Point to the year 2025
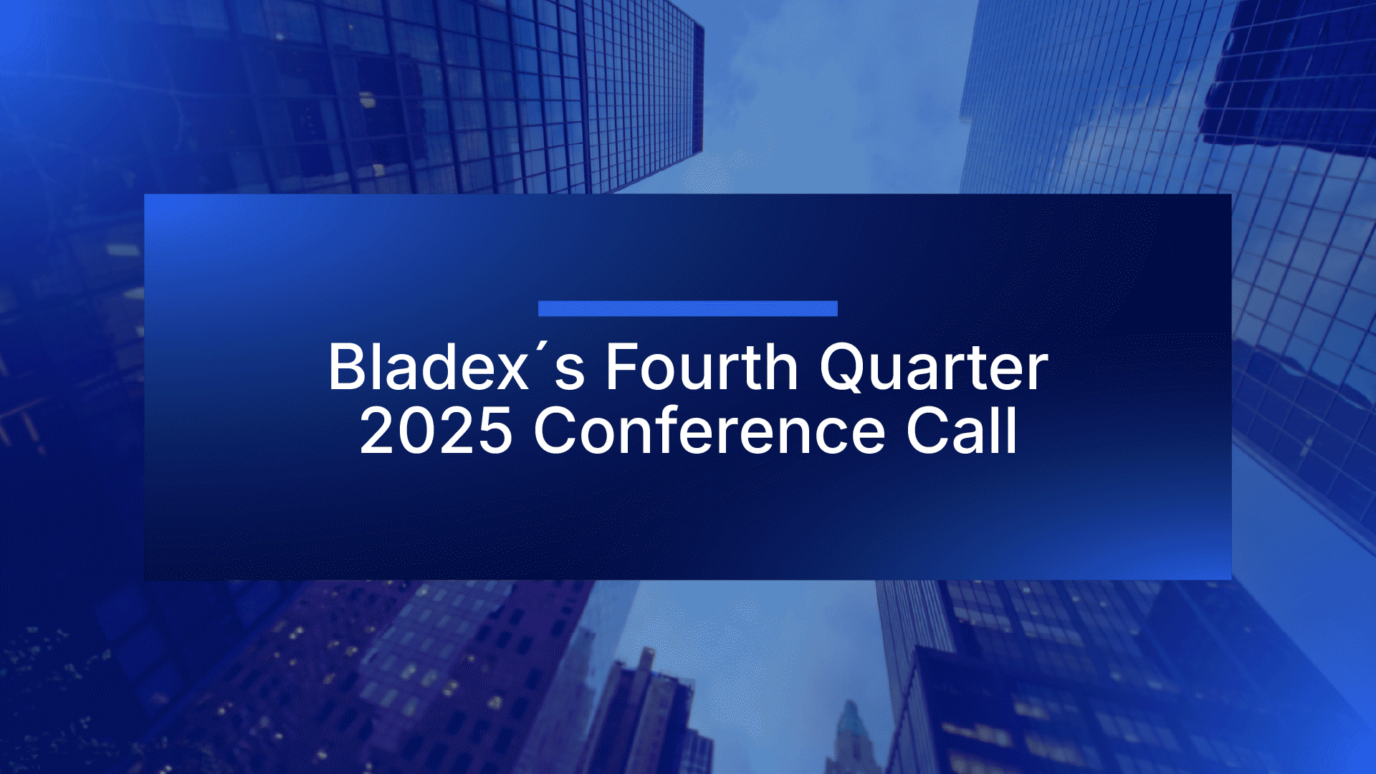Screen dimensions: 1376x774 pyautogui.click(x=436, y=431)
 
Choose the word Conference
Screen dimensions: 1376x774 pyautogui.click(x=709, y=430)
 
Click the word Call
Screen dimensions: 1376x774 pyautogui.click(x=961, y=430)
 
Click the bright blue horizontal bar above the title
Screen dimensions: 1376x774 pyautogui.click(x=687, y=308)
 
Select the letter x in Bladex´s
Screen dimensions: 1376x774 pyautogui.click(x=511, y=373)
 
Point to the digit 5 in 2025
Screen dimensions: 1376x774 pyautogui.click(x=494, y=431)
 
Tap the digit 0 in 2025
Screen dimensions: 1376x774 pyautogui.click(x=416, y=431)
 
